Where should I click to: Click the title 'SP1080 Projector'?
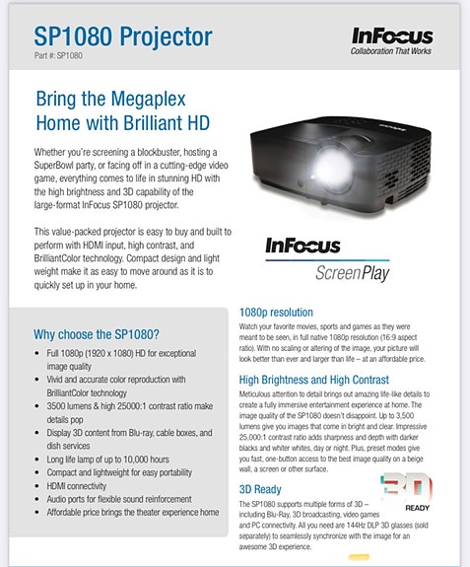[x=123, y=37]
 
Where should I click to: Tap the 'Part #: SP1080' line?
[x=58, y=57]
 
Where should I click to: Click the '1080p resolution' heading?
[x=277, y=312]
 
